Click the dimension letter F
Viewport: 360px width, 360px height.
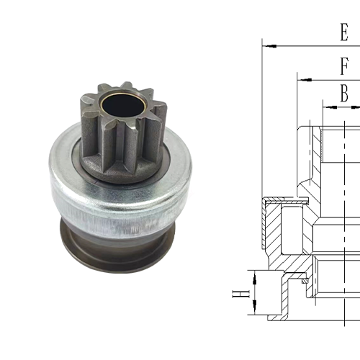click(345, 66)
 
